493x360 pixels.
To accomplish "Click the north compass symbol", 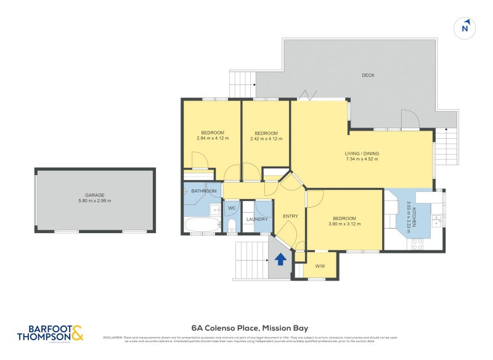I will click(466, 28).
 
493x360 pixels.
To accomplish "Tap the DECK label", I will click(368, 75).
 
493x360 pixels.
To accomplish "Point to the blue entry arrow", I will click(280, 259).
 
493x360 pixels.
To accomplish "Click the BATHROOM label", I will click(204, 192).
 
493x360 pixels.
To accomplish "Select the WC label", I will click(232, 208).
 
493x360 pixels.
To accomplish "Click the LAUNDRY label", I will click(256, 219).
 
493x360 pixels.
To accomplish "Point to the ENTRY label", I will click(290, 216).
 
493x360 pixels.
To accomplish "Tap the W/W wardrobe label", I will click(320, 266).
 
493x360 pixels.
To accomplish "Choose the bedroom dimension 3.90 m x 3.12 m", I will click(344, 224).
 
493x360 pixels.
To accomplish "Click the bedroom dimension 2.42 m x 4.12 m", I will click(266, 139).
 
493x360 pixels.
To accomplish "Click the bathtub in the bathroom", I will click(201, 226).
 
